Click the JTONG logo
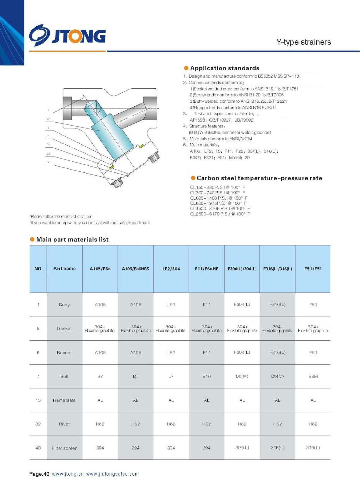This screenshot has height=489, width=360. pyautogui.click(x=67, y=35)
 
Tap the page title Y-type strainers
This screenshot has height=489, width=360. pyautogui.click(x=304, y=42)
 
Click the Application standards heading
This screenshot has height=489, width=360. pyautogui.click(x=224, y=68)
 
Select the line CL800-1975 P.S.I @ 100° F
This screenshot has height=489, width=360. pyautogui.click(x=218, y=203)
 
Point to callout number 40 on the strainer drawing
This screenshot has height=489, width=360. pyautogui.click(x=49, y=119)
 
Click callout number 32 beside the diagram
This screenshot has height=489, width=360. pyautogui.click(x=49, y=153)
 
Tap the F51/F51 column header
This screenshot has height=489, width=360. pyautogui.click(x=313, y=269)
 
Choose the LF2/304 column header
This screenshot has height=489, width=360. pyautogui.click(x=171, y=269)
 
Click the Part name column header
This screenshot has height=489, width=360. pyautogui.click(x=64, y=269)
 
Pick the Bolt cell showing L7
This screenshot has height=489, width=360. pyautogui.click(x=171, y=377)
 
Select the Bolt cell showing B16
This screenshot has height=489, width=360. pyautogui.click(x=207, y=377)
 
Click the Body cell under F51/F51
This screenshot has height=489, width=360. pyautogui.click(x=313, y=305)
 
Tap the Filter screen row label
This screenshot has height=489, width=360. pyautogui.click(x=64, y=448)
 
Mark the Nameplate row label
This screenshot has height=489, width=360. pyautogui.click(x=64, y=400)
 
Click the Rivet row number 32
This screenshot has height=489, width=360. pyautogui.click(x=38, y=424)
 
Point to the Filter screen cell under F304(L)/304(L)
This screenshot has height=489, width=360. pyautogui.click(x=242, y=448)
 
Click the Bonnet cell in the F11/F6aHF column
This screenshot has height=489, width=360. pyautogui.click(x=207, y=353)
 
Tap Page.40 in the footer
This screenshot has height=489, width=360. pyautogui.click(x=39, y=474)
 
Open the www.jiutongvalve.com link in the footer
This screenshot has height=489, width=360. pyautogui.click(x=112, y=474)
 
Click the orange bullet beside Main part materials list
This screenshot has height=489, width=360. pyautogui.click(x=32, y=239)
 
